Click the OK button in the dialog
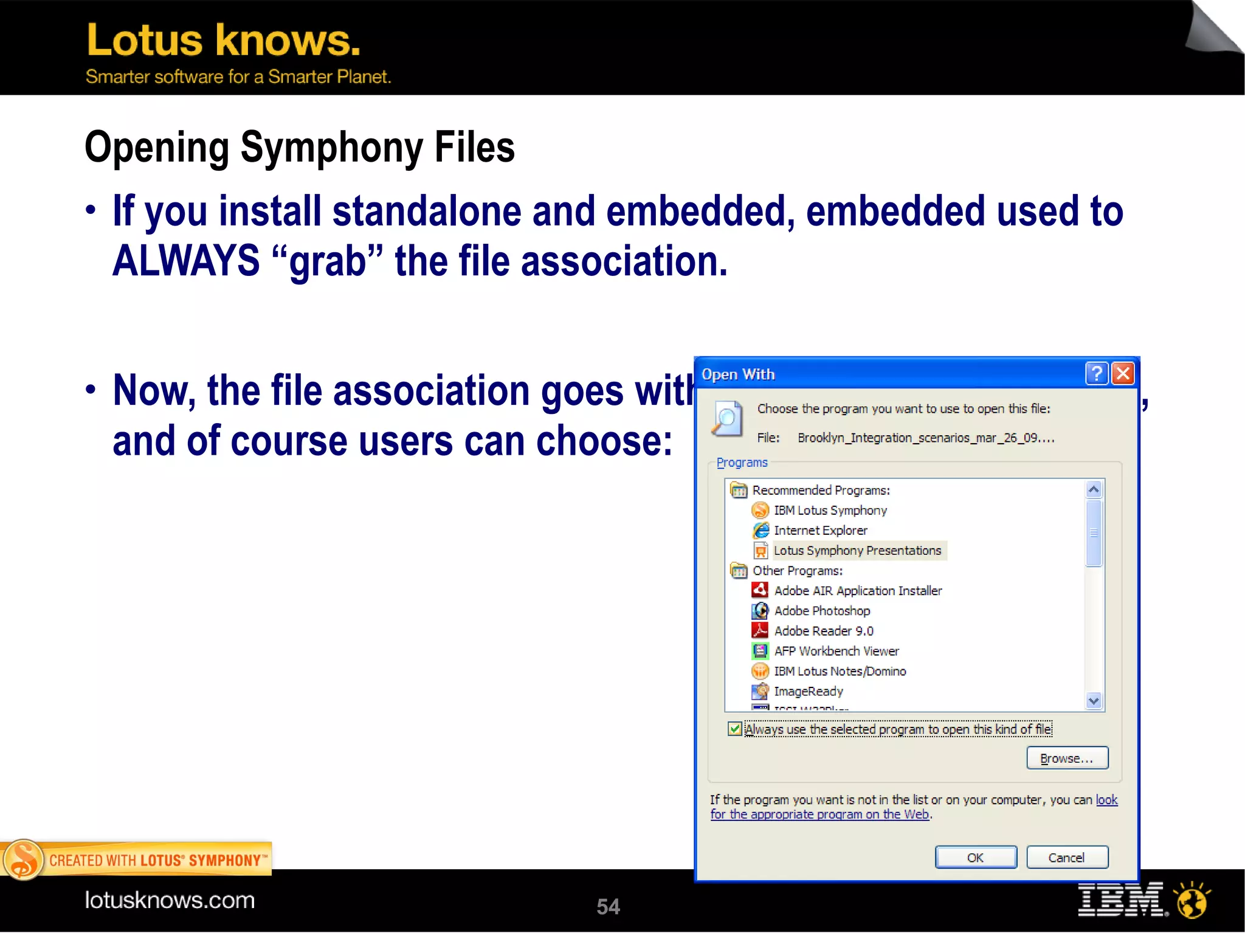[x=975, y=857]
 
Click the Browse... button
[x=1067, y=758]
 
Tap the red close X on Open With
[x=1123, y=373]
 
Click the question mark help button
[x=1097, y=373]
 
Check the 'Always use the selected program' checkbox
[x=735, y=729]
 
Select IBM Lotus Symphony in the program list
[x=830, y=510]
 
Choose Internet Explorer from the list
[x=820, y=530]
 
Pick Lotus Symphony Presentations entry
[x=857, y=550]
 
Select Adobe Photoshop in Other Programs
[x=821, y=610]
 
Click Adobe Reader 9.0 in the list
[x=823, y=630]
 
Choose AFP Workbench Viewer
[x=836, y=650]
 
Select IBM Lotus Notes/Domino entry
[x=840, y=670]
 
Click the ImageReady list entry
[x=808, y=690]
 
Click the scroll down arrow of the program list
[x=1094, y=701]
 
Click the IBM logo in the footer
[x=1122, y=900]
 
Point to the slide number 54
[x=608, y=906]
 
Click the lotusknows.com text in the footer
[x=170, y=900]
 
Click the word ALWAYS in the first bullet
[x=186, y=261]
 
